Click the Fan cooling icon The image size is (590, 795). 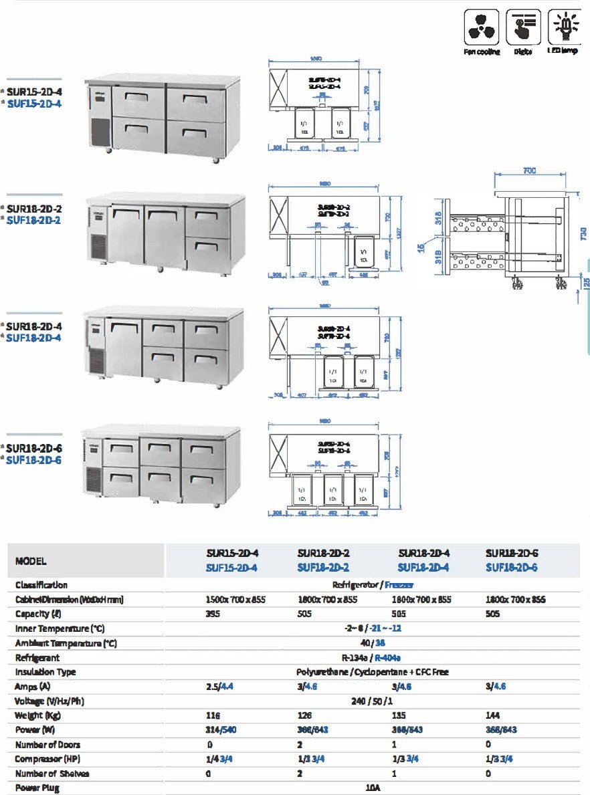click(482, 27)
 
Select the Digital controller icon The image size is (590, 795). click(523, 27)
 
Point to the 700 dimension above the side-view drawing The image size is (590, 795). click(528, 171)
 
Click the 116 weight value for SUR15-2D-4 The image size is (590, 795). click(213, 715)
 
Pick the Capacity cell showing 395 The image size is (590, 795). click(213, 614)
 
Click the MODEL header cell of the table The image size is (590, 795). click(31, 561)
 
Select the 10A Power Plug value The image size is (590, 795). click(373, 788)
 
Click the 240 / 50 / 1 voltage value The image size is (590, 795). click(373, 701)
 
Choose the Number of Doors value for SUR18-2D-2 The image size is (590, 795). click(300, 744)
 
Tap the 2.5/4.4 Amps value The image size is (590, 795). click(221, 687)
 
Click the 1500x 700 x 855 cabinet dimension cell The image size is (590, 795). click(235, 599)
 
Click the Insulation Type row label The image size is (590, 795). click(45, 672)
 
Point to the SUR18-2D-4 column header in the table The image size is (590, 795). click(423, 554)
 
